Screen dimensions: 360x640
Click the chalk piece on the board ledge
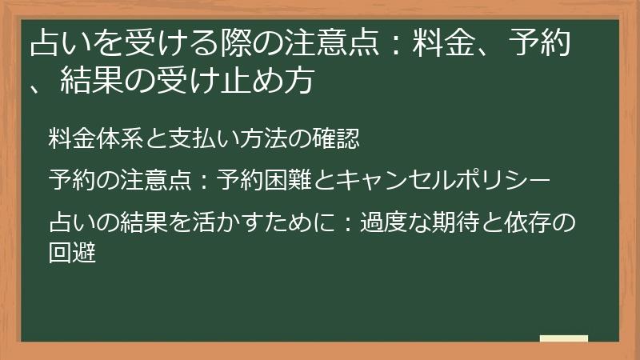point(563,338)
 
